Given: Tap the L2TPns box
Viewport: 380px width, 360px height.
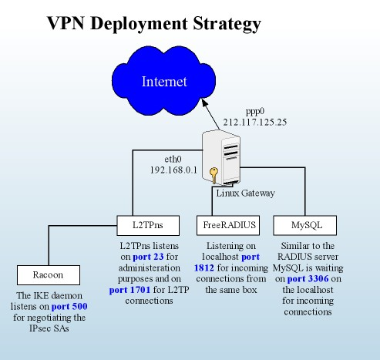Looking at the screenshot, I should pyautogui.click(x=151, y=225).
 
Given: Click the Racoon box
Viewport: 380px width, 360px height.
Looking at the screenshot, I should pyautogui.click(x=48, y=274).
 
